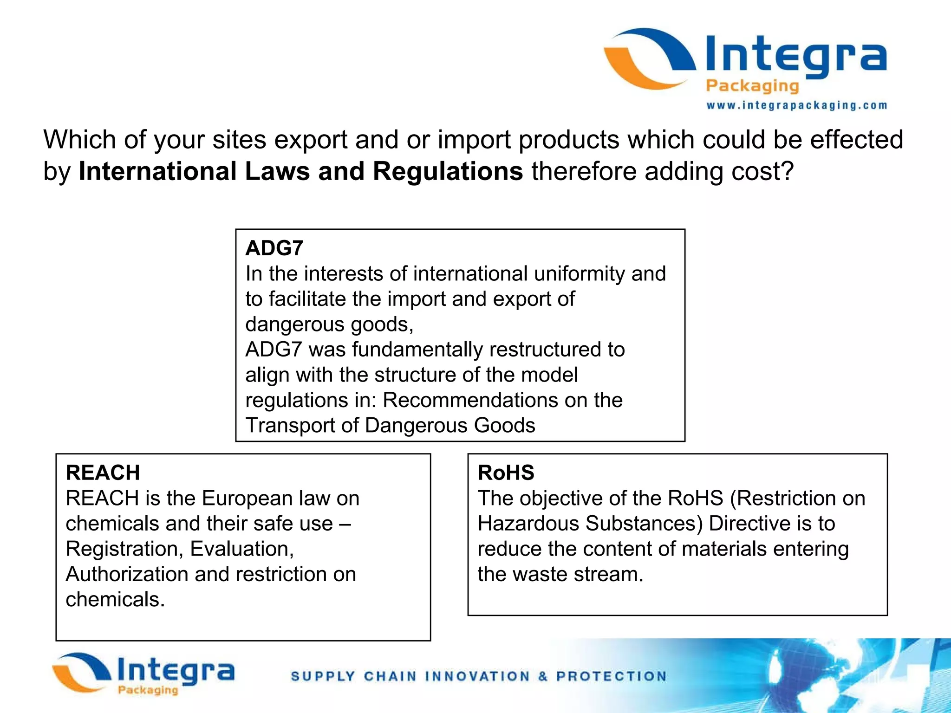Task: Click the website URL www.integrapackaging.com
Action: pos(796,106)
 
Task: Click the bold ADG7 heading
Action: pos(274,248)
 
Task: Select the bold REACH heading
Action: pos(103,473)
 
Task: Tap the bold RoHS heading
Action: pos(506,473)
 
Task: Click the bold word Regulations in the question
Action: pos(448,171)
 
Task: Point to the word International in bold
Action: pos(157,171)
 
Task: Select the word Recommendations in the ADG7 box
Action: pos(469,400)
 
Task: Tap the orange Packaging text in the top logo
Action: pos(752,86)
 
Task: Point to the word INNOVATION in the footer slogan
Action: pos(477,676)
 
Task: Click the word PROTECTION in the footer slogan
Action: pos(611,676)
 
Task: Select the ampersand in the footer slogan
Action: pos(543,676)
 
